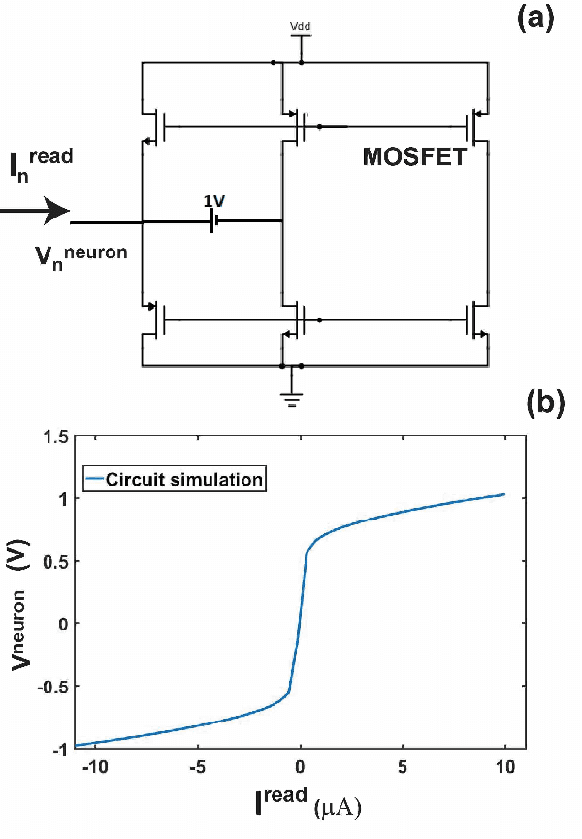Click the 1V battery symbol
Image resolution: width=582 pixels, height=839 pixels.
click(x=213, y=220)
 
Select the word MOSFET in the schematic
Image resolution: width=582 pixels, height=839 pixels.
click(x=414, y=158)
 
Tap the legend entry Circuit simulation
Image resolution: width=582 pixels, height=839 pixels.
click(x=174, y=478)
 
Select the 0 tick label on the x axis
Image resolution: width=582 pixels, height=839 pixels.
click(x=301, y=766)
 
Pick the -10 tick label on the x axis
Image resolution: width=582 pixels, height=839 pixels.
click(x=93, y=766)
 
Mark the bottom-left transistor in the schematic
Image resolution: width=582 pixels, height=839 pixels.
click(x=154, y=319)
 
